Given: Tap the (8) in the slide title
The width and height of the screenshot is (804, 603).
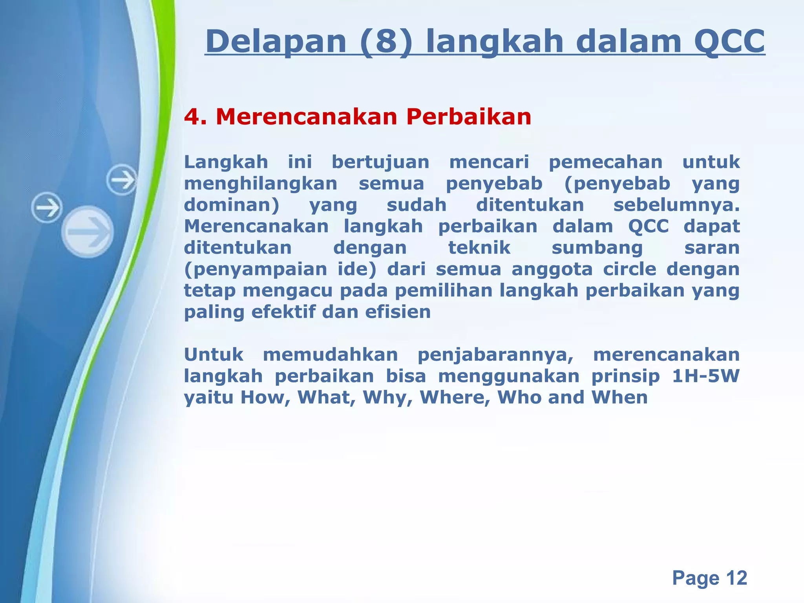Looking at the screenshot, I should click(386, 42).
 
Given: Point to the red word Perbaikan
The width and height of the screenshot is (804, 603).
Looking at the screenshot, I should click(468, 117).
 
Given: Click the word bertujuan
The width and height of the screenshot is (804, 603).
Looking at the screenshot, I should click(380, 162).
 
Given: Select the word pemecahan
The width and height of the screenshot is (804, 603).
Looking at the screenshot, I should click(605, 162).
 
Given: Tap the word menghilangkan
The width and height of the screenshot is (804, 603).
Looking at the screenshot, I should click(261, 184).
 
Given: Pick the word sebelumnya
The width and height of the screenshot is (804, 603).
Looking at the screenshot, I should click(676, 205).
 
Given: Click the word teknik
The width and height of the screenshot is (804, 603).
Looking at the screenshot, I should click(479, 248).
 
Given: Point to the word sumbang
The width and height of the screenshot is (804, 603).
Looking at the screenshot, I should click(597, 248).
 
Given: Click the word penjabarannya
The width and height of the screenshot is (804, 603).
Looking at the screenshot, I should click(495, 355).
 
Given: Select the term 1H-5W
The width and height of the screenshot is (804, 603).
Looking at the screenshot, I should click(705, 376).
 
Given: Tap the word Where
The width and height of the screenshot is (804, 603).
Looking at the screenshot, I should click(455, 397).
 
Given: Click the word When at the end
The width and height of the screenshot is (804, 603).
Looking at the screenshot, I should click(619, 397).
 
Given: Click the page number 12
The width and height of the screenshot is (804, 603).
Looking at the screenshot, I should click(736, 578).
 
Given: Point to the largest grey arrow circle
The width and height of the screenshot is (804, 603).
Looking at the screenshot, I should click(88, 232).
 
